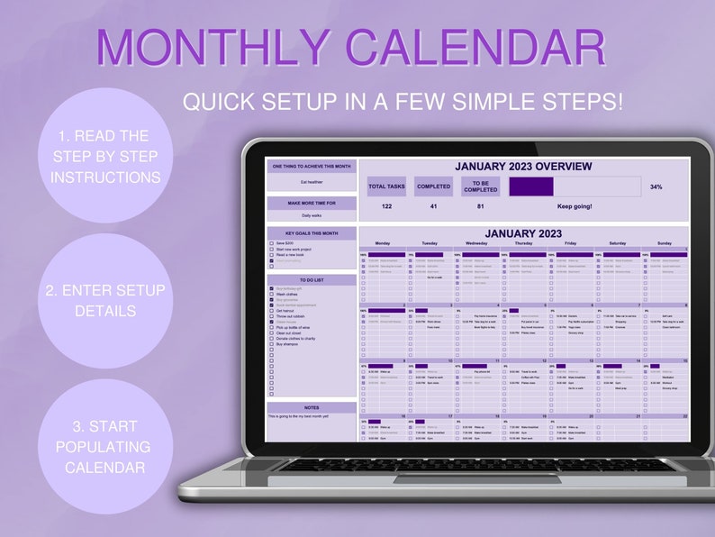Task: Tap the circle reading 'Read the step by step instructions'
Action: coord(104,156)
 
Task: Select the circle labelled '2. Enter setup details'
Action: coord(104,300)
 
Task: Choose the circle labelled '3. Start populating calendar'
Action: coord(103,446)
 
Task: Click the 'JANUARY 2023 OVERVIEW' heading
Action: coord(523,167)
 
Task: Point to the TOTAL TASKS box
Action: coord(387,187)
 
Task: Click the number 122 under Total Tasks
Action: coord(387,206)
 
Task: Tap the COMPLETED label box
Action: coord(433,187)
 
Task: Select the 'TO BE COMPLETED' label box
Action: coord(480,187)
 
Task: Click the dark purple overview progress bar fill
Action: coord(531,187)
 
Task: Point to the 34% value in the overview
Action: coord(656,187)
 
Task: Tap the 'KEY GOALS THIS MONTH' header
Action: coord(312,232)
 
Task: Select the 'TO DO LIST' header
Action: coord(312,280)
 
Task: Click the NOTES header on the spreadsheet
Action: coord(312,408)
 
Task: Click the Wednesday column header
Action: coord(476,243)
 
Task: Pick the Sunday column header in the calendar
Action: coord(664,243)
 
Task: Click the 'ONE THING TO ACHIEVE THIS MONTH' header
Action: coord(312,167)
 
